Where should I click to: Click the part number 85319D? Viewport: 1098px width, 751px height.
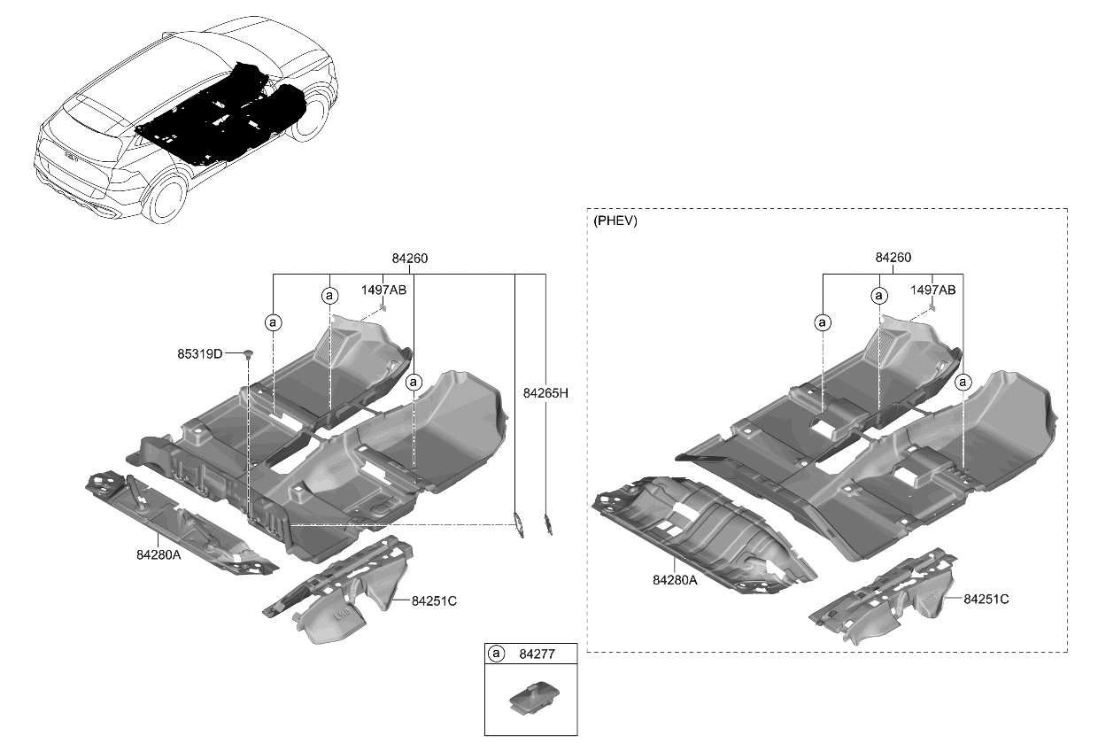click(x=199, y=353)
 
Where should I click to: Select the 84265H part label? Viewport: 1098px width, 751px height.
click(x=545, y=393)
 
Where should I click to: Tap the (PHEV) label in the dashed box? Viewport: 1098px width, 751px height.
click(x=615, y=221)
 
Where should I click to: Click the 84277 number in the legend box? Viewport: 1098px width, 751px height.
click(x=537, y=654)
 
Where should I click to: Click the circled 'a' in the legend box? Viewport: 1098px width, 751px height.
click(x=497, y=654)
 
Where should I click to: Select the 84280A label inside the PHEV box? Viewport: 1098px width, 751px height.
click(x=675, y=580)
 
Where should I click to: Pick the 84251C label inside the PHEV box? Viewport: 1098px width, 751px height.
click(x=986, y=599)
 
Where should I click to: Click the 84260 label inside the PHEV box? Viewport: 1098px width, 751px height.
click(x=893, y=258)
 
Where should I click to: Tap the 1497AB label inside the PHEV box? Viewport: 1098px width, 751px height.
click(x=932, y=290)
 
